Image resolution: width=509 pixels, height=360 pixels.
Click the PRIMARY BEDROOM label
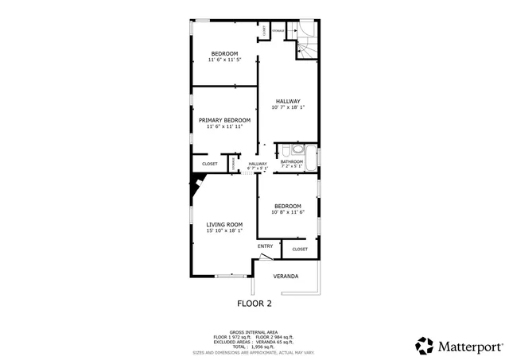[x=224, y=120]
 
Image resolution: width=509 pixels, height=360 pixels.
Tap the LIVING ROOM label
[x=224, y=225]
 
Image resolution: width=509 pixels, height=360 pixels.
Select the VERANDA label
[x=286, y=277]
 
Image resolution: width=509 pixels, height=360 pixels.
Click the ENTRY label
[x=265, y=246]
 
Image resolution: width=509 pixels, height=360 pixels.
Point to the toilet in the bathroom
[x=297, y=149]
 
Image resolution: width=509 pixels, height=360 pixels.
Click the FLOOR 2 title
[x=254, y=304]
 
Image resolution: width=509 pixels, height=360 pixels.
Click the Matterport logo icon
[x=425, y=346]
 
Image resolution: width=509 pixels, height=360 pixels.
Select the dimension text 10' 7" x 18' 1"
[x=288, y=108]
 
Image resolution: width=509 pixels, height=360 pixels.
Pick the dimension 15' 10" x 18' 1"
[x=224, y=231]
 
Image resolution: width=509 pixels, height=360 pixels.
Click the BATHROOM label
[x=292, y=162]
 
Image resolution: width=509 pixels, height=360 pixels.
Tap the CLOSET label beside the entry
[x=300, y=249]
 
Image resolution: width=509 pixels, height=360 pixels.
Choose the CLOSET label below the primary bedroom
[x=210, y=164]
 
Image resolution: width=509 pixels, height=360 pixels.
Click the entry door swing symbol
[x=265, y=257]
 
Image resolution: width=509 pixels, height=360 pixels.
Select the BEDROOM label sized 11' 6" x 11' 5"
[x=224, y=53]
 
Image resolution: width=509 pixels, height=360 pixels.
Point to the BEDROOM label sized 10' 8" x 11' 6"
[x=288, y=206]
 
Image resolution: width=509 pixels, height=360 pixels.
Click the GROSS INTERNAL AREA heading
[x=254, y=332]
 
